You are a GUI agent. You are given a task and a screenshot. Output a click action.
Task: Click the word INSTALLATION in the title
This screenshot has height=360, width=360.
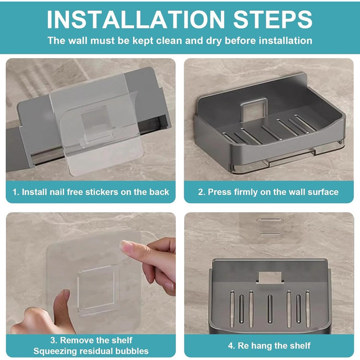coord(135,20)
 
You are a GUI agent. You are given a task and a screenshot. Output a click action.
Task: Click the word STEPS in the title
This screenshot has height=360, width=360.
coord(273,20)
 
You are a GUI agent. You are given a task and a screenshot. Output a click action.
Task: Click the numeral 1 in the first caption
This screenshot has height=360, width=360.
coord(15,192)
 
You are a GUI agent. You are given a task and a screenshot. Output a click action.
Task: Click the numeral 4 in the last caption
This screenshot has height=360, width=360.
coord(231,346)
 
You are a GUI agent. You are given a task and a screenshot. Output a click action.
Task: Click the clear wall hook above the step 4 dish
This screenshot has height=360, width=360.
coord(270,227)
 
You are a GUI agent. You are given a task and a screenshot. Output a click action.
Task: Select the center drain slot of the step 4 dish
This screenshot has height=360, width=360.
coord(270,309)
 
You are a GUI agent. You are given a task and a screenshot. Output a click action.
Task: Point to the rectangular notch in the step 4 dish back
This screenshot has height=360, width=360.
coord(270,277)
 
